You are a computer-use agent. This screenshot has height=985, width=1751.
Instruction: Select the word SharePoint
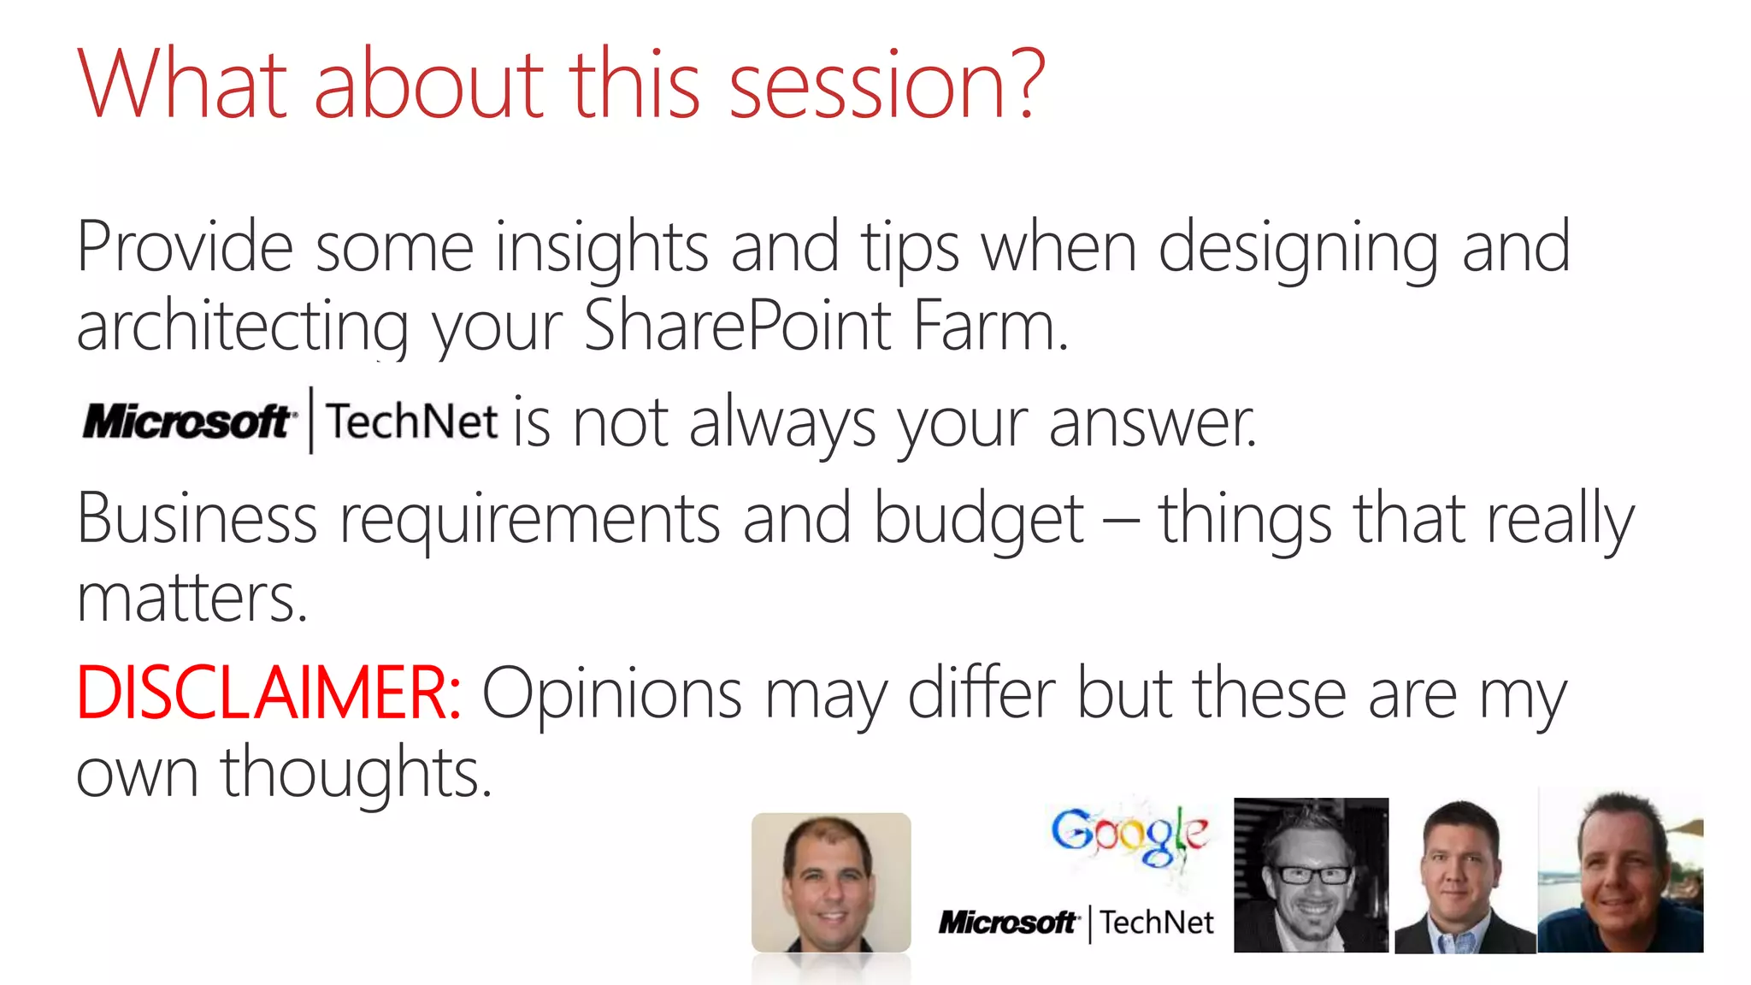[737, 326]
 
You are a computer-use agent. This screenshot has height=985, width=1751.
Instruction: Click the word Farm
[989, 326]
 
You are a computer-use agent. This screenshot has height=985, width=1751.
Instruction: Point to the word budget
[978, 520]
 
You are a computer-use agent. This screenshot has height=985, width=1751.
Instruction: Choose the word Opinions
[612, 694]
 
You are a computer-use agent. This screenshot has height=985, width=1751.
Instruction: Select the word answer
[1152, 423]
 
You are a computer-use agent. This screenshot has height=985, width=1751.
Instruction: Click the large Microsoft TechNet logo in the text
[290, 421]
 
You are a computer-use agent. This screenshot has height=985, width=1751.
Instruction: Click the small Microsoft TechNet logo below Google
[1076, 923]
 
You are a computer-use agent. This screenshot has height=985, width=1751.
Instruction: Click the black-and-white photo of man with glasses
[1310, 875]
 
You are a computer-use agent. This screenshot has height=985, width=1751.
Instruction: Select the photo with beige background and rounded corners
[830, 882]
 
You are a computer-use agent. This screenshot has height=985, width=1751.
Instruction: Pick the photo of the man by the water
[1620, 872]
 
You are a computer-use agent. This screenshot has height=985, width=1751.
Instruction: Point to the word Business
[197, 520]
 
